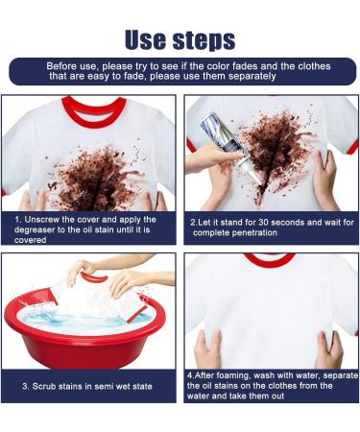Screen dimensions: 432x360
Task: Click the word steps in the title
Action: (207, 39)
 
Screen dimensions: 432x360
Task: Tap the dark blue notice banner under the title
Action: (180, 71)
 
